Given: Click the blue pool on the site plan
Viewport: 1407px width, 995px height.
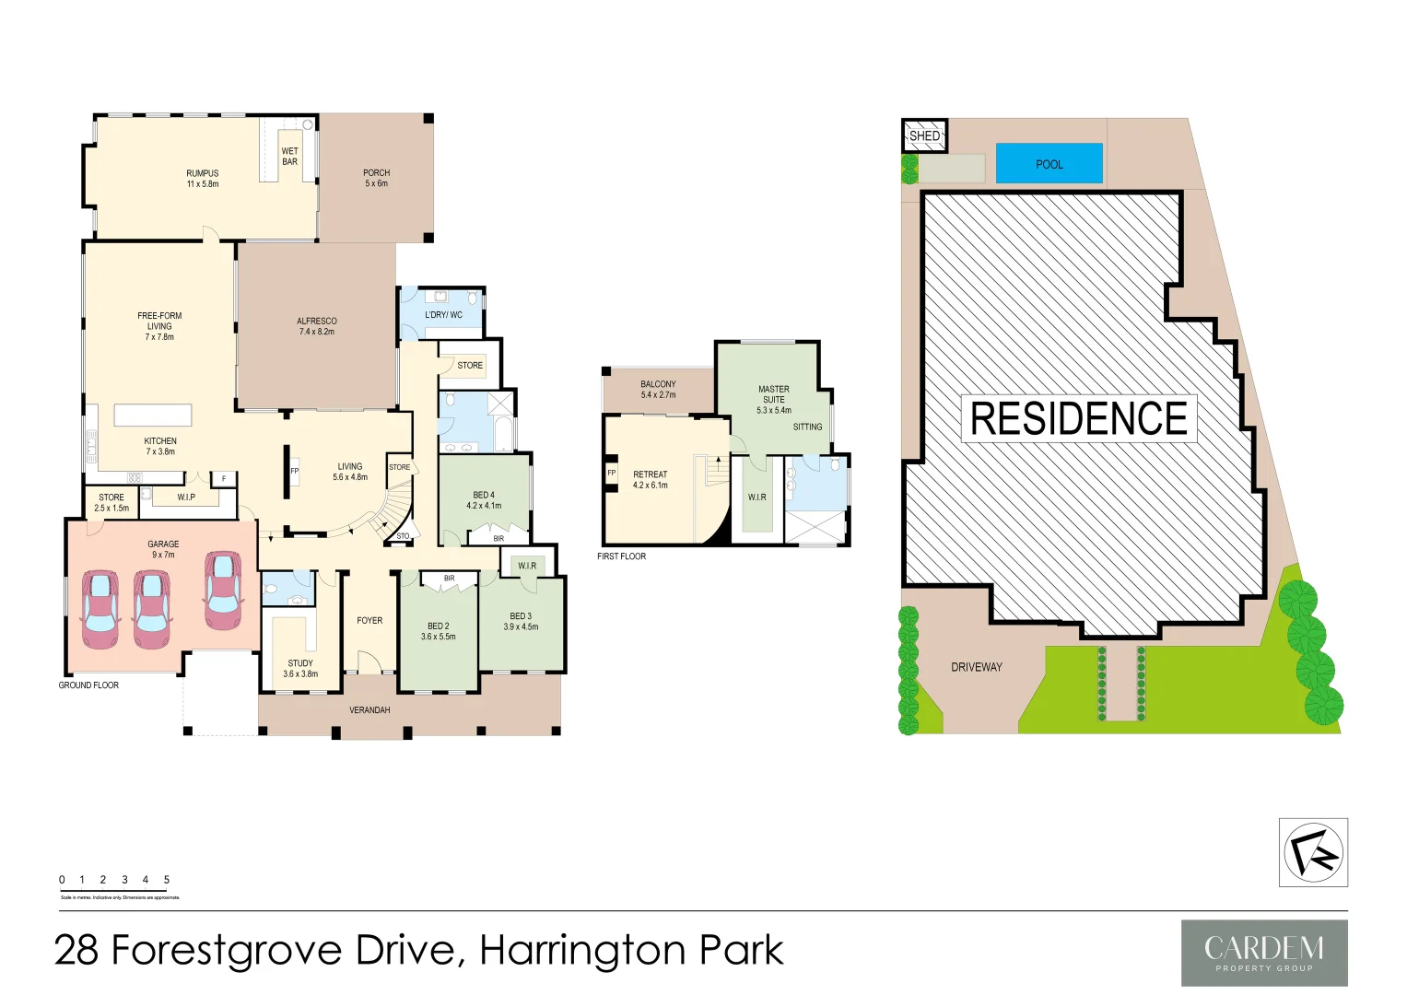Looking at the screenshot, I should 1049,163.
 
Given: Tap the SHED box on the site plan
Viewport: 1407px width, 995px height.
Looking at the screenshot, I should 924,136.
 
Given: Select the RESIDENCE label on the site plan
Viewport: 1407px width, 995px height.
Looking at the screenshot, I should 1079,418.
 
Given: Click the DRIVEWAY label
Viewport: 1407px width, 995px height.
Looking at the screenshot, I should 976,667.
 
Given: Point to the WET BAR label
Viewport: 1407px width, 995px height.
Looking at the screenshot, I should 289,156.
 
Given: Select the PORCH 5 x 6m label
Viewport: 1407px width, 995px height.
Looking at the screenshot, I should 376,178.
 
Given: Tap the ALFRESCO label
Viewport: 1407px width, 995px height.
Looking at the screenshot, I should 317,326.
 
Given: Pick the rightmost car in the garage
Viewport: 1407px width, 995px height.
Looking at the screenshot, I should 222,591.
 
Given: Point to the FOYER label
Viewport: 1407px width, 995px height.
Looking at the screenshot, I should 369,620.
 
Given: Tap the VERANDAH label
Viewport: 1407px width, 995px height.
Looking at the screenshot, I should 369,710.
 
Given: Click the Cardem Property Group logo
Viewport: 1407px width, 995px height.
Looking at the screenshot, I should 1264,953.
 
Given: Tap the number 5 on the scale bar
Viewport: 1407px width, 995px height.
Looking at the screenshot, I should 167,880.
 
